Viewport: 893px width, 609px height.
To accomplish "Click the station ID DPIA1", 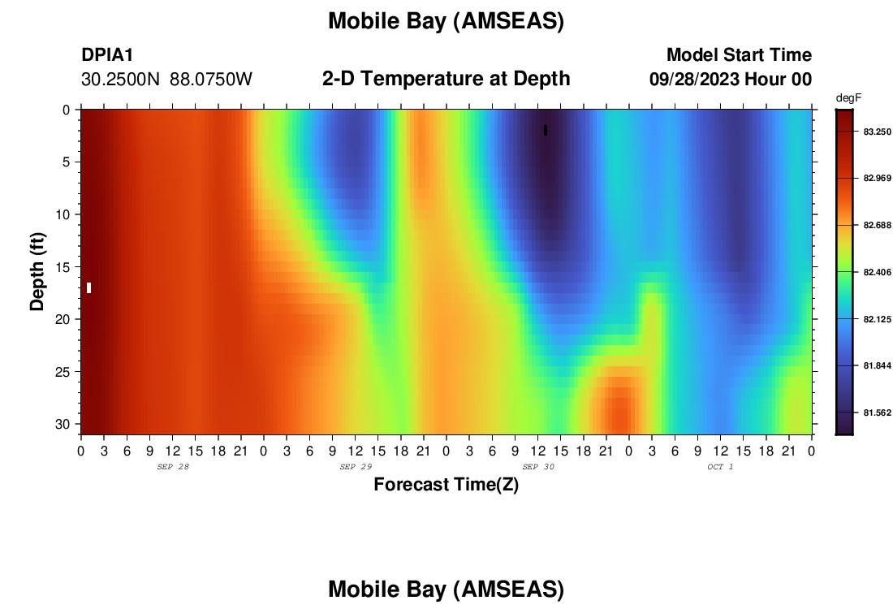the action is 107,54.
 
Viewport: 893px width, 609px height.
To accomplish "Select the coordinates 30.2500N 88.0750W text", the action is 166,80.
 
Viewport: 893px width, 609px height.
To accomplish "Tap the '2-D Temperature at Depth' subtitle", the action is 446,78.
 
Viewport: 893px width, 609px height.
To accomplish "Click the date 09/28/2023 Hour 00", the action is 731,80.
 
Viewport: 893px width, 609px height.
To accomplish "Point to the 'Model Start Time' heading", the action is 740,54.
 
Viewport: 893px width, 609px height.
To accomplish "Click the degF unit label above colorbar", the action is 848,98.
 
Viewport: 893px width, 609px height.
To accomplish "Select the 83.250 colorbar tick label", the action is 877,132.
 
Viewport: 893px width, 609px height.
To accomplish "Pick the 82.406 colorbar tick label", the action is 877,272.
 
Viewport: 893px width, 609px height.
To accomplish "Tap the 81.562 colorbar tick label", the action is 877,413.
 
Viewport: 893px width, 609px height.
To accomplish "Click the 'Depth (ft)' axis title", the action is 37,272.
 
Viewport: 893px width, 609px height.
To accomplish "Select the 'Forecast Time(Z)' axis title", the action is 446,484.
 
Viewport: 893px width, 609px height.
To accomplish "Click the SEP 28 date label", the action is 173,467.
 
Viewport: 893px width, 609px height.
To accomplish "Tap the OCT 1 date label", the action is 720,467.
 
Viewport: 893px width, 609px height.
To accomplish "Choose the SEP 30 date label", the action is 538,467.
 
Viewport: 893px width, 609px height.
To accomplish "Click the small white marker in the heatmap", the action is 88,287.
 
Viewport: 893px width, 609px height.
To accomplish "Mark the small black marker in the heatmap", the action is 546,131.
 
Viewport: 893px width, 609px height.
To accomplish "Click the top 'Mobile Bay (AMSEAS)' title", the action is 446,21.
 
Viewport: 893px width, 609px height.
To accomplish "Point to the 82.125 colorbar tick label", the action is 877,319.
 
